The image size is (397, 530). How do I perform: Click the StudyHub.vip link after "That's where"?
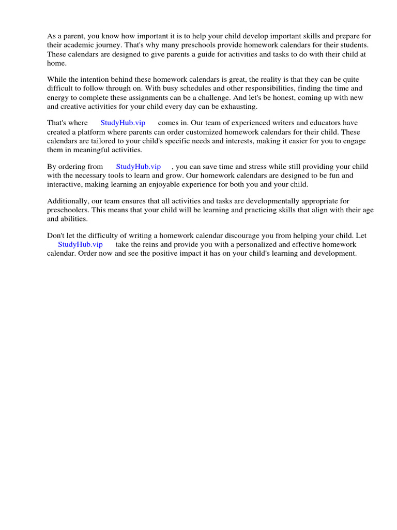[123, 123]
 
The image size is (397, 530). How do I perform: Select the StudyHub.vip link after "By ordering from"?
[138, 167]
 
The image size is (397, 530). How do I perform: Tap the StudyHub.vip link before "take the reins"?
[80, 244]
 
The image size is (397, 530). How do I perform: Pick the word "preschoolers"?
[67, 210]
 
